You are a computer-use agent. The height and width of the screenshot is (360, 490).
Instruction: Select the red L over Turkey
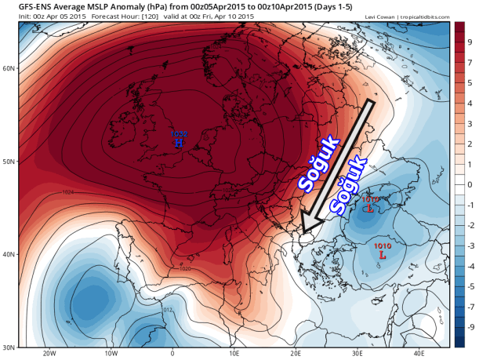pyautogui.click(x=382, y=255)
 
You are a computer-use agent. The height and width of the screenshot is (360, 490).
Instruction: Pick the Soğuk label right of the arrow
pyautogui.click(x=349, y=187)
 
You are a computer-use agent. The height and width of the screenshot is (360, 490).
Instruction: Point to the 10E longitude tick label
pyautogui.click(x=234, y=353)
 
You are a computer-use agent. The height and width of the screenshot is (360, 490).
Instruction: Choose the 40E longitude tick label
pyautogui.click(x=417, y=353)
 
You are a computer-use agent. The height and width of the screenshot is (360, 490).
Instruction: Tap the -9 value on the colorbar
pyautogui.click(x=469, y=326)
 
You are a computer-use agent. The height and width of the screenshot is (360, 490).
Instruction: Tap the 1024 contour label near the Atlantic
pyautogui.click(x=69, y=191)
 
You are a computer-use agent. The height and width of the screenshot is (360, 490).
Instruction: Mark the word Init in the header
pyautogui.click(x=10, y=16)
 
